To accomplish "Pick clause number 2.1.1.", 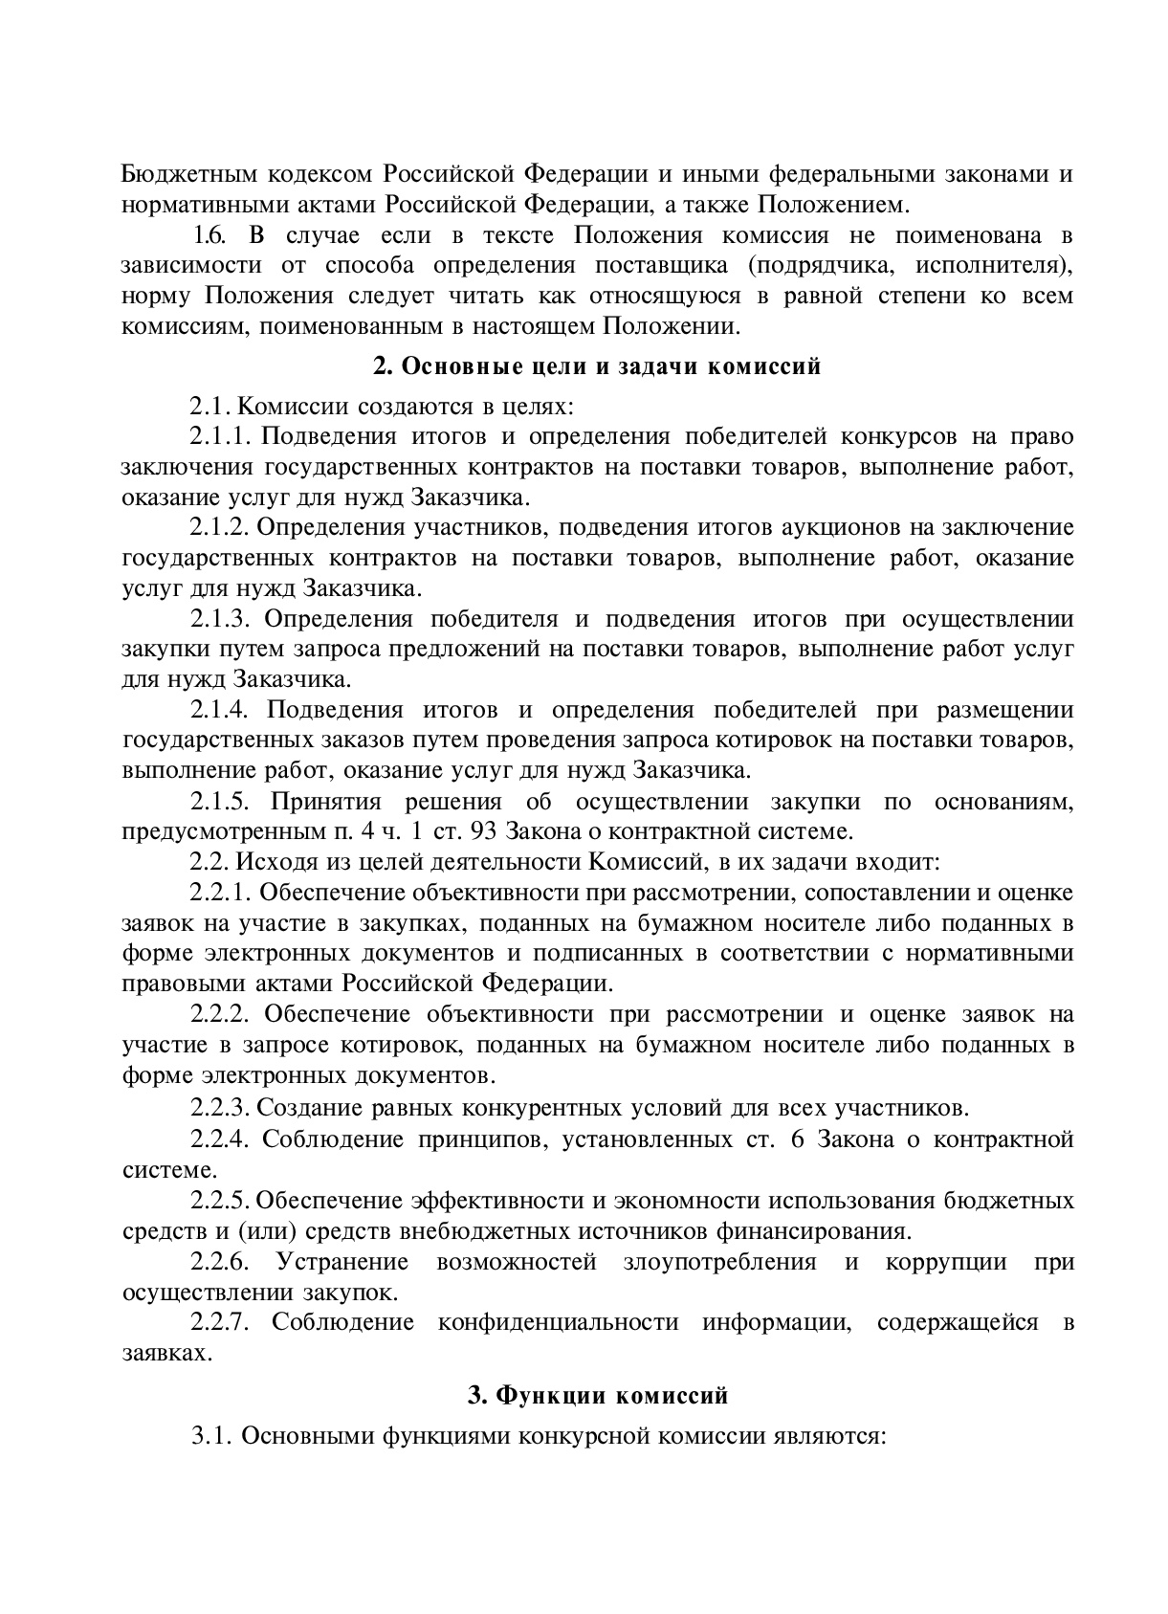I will click(219, 437).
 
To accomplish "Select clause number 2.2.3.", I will click(219, 1109).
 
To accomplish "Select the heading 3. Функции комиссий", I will click(598, 1396).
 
